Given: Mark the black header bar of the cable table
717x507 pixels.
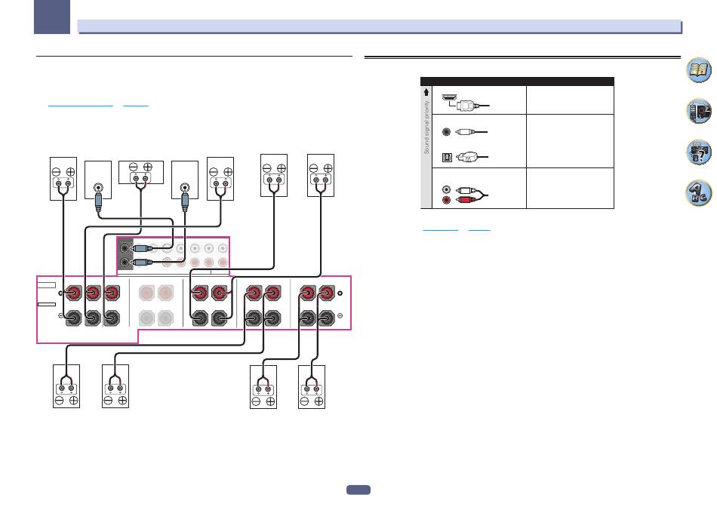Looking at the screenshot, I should (x=516, y=80).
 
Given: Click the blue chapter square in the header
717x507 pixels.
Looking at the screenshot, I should (x=55, y=16).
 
